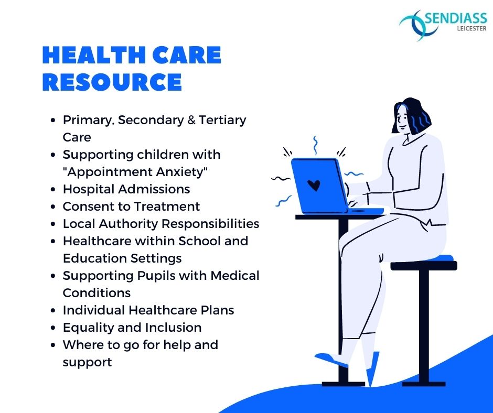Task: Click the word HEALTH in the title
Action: (x=93, y=55)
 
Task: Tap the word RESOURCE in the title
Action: (x=112, y=82)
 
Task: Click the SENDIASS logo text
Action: (x=456, y=18)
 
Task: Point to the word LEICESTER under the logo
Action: (x=471, y=29)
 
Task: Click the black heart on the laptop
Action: (x=314, y=186)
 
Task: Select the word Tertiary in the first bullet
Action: (x=222, y=121)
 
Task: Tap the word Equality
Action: (x=88, y=328)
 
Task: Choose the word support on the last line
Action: (x=87, y=363)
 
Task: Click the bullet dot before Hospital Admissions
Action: (x=53, y=190)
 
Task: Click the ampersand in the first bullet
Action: (x=191, y=120)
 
